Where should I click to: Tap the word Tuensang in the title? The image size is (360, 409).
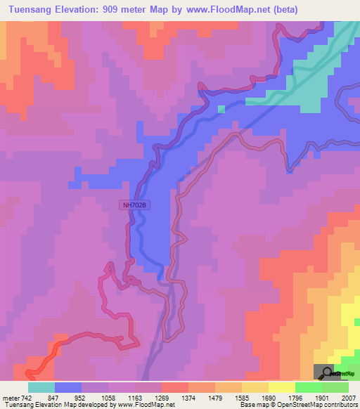28,9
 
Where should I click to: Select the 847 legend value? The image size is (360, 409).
54,397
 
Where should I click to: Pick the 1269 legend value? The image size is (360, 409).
162,397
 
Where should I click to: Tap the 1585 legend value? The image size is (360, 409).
242,397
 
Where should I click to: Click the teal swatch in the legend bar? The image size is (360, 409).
41,387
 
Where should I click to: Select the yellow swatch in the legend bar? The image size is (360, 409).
282,387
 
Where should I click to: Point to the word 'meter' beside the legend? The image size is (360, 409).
11,397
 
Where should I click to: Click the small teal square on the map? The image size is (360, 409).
221,108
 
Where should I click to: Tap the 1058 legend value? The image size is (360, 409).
108,397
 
